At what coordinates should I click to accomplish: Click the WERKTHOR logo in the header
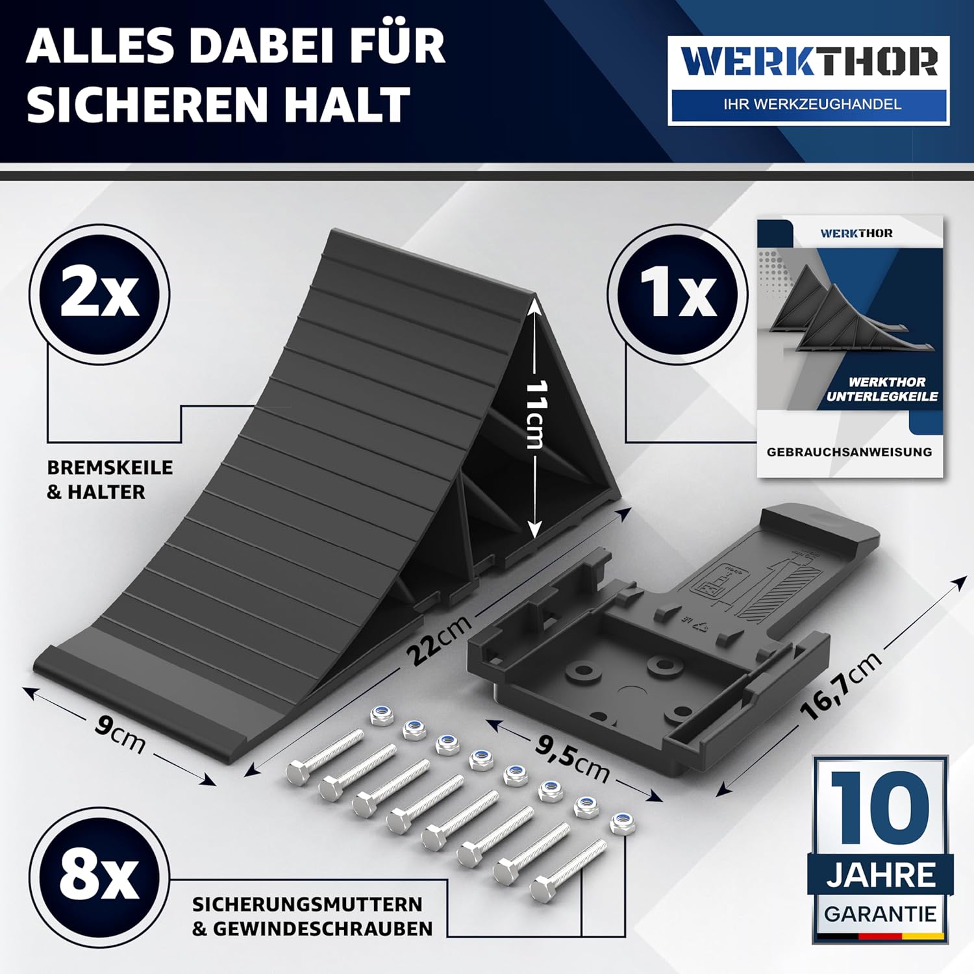click(x=808, y=81)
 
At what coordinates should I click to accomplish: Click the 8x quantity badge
click(x=99, y=877)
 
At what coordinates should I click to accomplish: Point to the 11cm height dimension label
click(x=536, y=414)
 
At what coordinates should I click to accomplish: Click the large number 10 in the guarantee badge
click(x=880, y=808)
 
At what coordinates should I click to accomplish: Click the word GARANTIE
click(x=880, y=914)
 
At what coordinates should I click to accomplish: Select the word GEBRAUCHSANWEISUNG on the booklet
click(x=849, y=452)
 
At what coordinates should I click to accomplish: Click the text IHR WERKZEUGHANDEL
click(x=812, y=104)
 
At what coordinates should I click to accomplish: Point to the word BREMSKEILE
click(x=110, y=468)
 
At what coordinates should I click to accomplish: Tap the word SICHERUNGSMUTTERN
click(x=307, y=905)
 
